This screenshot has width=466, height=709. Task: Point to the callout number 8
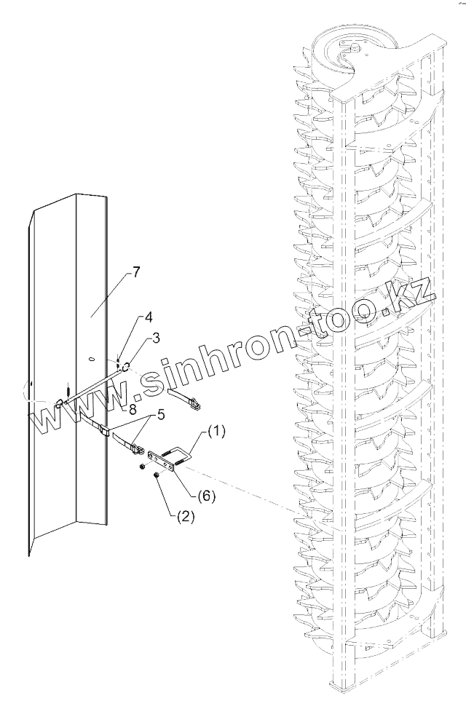pos(133,410)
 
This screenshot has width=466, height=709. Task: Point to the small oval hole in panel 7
pos(91,358)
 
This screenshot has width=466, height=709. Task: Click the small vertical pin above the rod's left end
pos(66,392)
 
